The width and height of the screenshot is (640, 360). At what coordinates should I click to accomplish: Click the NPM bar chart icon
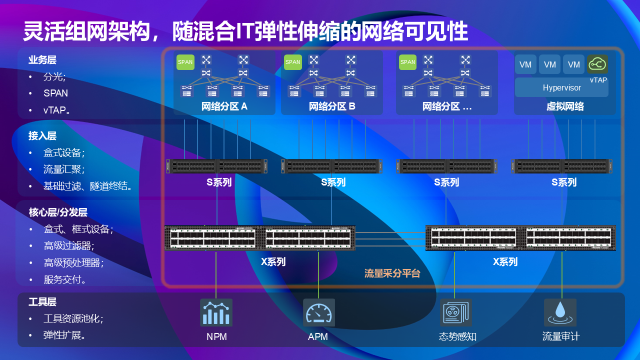click(216, 312)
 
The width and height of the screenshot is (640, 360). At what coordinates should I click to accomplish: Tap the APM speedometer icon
click(318, 312)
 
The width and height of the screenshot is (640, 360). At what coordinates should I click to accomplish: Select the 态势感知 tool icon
click(455, 312)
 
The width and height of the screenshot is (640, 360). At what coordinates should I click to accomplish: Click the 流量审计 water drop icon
click(560, 312)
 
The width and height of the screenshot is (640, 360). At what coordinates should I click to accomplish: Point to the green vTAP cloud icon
click(597, 64)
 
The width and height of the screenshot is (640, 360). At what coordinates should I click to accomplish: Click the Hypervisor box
click(561, 87)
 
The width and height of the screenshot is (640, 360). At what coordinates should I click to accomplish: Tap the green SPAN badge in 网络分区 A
click(185, 62)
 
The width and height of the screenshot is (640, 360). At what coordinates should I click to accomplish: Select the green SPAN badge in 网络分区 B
click(292, 62)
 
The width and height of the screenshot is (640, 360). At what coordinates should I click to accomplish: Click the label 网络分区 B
click(332, 106)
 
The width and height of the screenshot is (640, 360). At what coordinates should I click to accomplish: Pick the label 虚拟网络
click(565, 106)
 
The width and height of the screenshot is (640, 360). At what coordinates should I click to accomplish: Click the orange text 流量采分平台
click(392, 273)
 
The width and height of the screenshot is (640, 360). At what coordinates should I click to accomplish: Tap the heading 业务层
click(42, 60)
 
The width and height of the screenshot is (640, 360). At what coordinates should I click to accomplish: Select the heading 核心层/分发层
click(58, 212)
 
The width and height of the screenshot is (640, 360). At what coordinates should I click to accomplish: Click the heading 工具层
click(42, 301)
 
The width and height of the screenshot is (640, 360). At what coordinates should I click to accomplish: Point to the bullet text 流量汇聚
click(63, 169)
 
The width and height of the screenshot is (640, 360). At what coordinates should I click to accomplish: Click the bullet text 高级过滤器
click(68, 246)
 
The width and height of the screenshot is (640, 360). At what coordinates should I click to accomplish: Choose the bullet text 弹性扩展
click(64, 335)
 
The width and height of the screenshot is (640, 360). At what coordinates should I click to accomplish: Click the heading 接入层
click(42, 135)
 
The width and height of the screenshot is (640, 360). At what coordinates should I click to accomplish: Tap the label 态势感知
click(457, 336)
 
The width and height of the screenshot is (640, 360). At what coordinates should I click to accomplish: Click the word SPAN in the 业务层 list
click(55, 93)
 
